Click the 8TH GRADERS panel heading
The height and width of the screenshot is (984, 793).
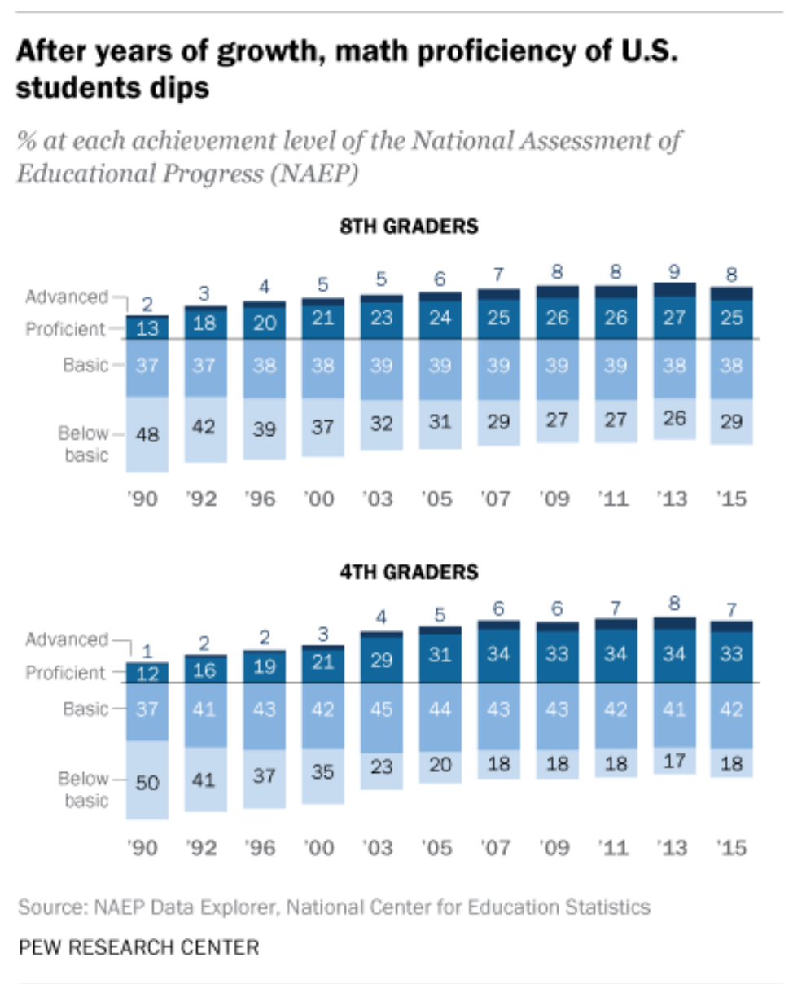tap(409, 226)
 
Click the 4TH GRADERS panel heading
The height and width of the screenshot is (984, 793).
tap(409, 572)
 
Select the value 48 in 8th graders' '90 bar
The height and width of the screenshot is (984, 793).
tap(147, 435)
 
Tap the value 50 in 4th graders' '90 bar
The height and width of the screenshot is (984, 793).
tap(147, 783)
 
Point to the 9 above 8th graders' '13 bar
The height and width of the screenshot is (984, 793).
tap(673, 270)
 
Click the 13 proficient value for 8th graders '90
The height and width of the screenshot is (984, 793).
tap(147, 327)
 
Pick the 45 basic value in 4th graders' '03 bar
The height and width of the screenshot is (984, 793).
tap(380, 709)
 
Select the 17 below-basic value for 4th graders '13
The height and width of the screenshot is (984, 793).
tap(673, 761)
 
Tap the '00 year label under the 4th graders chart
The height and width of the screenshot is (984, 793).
tap(322, 847)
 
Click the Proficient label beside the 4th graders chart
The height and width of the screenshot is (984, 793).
tap(66, 673)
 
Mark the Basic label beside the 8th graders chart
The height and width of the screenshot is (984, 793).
tap(85, 365)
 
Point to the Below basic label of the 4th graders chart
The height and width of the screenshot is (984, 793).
tap(85, 790)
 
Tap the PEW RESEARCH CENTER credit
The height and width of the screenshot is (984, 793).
tap(138, 947)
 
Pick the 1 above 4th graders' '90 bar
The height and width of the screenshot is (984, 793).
tap(147, 650)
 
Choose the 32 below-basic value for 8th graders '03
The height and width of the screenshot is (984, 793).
tap(380, 424)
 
